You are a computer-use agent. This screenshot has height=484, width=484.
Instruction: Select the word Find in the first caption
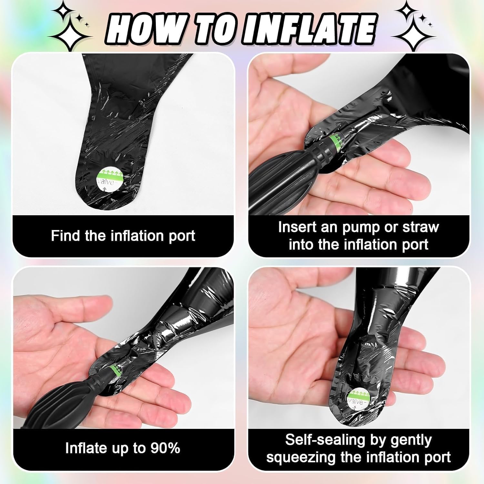pyautogui.click(x=66, y=236)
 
